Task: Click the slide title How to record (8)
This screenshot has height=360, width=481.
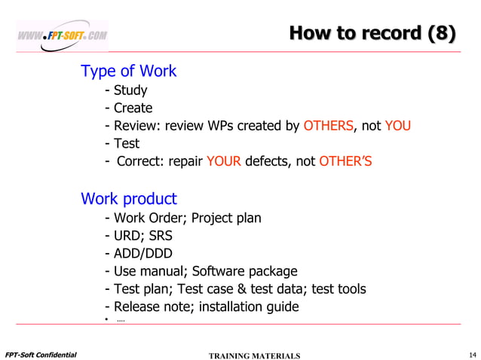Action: tap(372, 33)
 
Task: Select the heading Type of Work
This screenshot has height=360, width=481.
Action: tap(128, 72)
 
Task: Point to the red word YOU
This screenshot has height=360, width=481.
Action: tap(397, 126)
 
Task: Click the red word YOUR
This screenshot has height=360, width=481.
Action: tap(219, 160)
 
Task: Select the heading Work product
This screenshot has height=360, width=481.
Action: tap(128, 200)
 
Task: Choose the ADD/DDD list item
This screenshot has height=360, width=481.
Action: tap(139, 253)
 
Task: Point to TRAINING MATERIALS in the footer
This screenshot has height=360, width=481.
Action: tap(253, 355)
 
